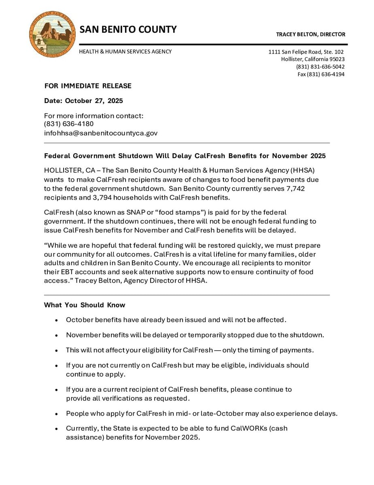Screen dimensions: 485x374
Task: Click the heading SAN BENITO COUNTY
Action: tap(128, 30)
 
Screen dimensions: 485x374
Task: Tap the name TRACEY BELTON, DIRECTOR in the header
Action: tap(310, 34)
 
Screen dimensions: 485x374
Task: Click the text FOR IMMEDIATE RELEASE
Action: tap(88, 86)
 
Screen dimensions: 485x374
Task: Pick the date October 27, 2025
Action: tap(94, 101)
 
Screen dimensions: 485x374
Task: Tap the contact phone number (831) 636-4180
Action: tap(69, 124)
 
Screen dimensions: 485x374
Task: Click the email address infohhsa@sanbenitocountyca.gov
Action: tap(101, 133)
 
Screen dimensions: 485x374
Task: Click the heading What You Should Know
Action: tap(85, 305)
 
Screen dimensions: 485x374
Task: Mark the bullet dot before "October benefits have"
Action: tap(56, 320)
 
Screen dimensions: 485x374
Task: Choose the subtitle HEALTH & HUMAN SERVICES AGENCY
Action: tap(125, 52)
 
